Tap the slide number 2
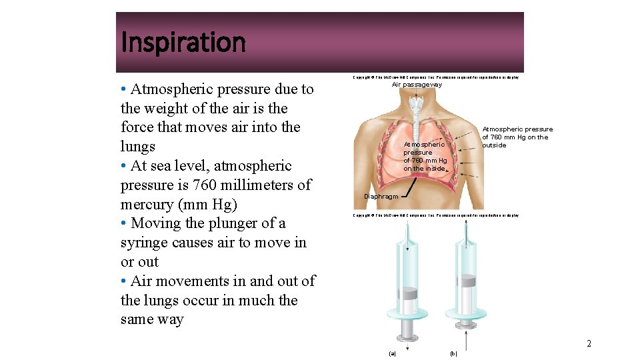(x=589, y=344)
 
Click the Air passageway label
(x=417, y=85)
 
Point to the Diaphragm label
(x=381, y=197)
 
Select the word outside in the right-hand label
(x=494, y=145)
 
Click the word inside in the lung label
(x=435, y=169)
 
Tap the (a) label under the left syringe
(x=391, y=353)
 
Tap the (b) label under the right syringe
(x=453, y=353)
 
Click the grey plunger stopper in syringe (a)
(x=407, y=293)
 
